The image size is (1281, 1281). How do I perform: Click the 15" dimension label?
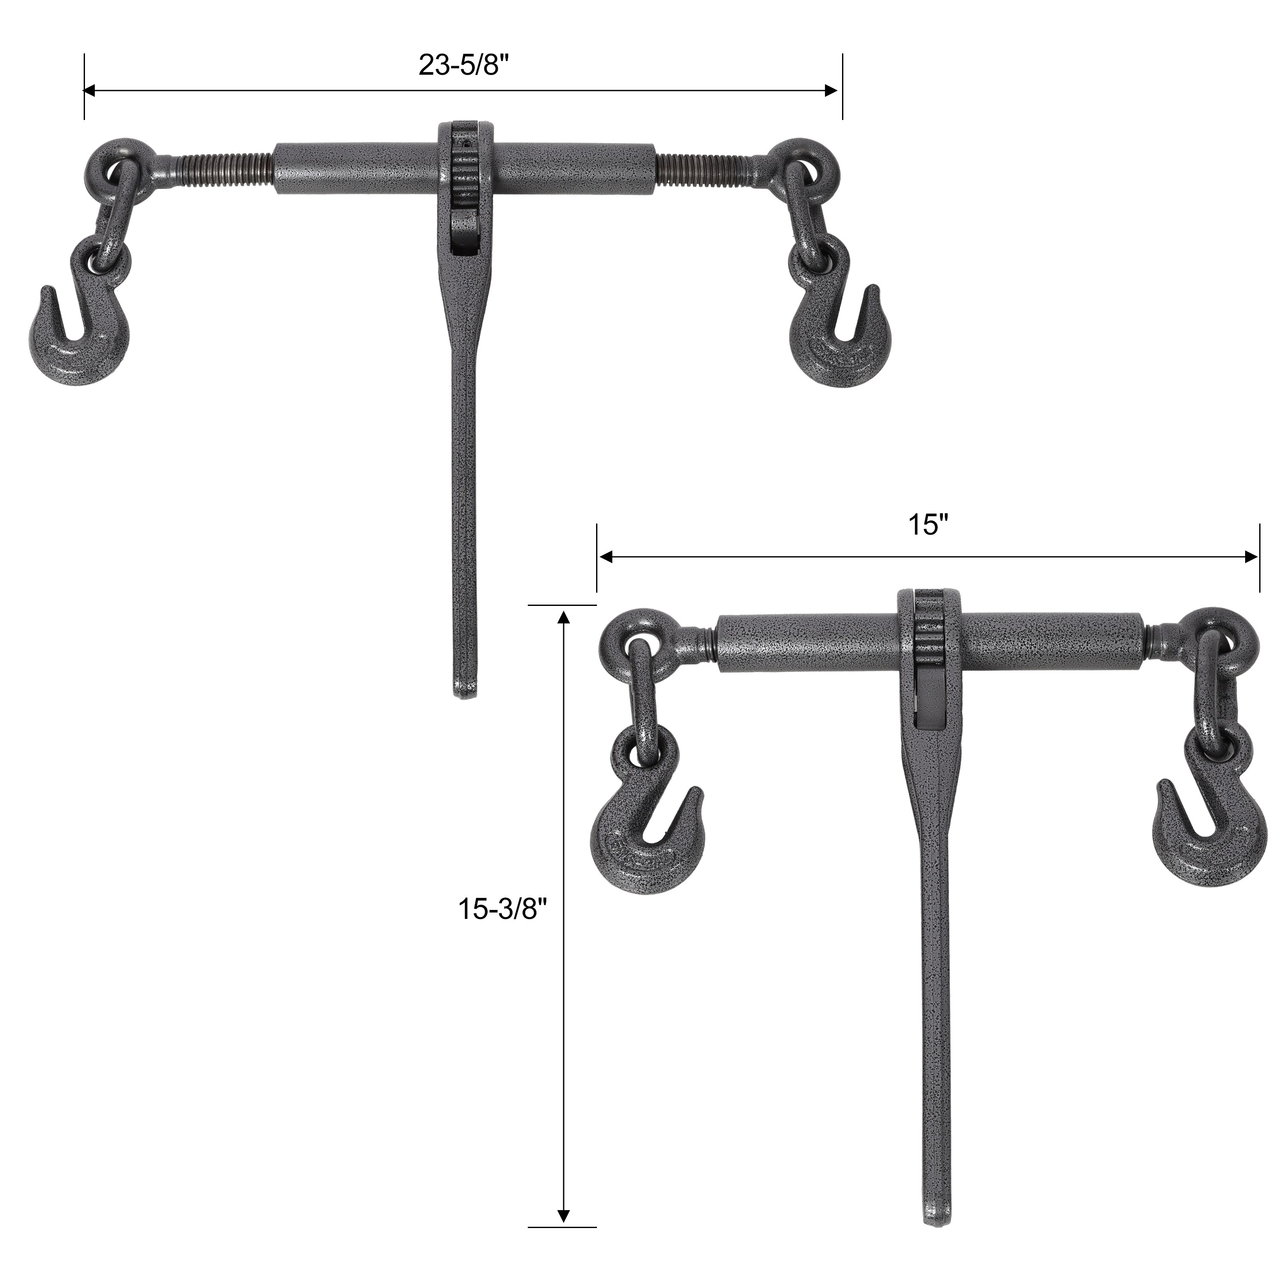click(928, 525)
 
